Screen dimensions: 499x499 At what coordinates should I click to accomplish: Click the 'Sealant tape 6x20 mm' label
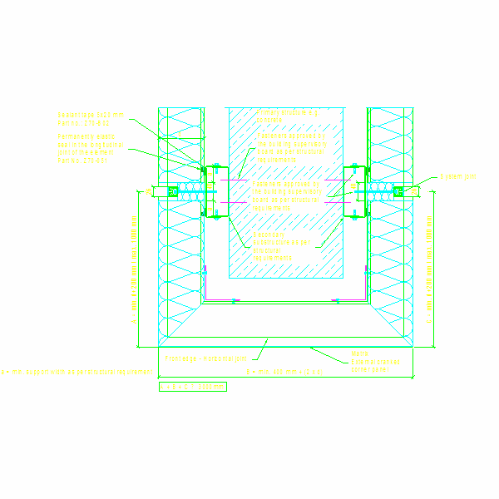pyautogui.click(x=90, y=115)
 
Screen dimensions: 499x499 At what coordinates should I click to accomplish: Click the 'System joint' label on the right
pyautogui.click(x=458, y=177)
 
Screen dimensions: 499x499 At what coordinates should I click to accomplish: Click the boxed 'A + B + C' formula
pyautogui.click(x=192, y=386)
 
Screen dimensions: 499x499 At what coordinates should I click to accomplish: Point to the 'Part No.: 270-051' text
pyautogui.click(x=83, y=160)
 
